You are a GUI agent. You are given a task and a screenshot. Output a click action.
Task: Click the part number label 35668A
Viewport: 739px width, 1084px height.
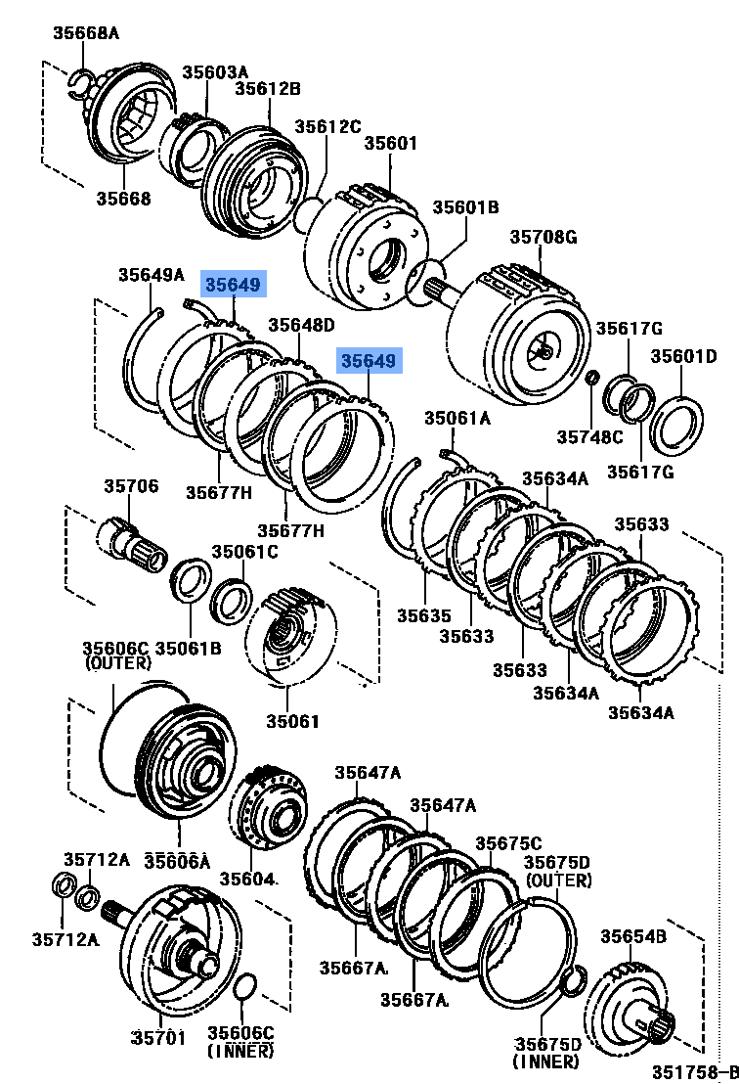tap(85, 34)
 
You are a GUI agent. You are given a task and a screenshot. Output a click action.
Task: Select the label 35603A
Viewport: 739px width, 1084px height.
tap(215, 71)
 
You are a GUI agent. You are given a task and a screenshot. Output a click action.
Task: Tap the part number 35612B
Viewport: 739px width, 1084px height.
tap(267, 89)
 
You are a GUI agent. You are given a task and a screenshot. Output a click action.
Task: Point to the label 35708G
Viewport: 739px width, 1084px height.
tap(543, 237)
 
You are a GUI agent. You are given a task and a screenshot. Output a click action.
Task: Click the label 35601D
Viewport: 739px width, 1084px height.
tap(684, 356)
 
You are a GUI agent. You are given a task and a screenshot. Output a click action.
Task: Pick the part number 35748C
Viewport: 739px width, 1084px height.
tap(589, 436)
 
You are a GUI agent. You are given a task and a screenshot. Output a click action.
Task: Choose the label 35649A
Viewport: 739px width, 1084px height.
tap(152, 275)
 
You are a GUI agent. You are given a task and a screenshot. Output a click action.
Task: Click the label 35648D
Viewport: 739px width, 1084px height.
tap(301, 325)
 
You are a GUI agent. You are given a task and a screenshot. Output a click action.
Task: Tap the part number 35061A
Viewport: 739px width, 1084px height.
tap(457, 419)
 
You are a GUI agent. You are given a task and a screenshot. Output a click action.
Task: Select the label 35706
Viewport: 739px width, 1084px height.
tap(131, 486)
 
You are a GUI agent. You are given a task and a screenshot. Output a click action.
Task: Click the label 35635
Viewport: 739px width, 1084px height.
tap(424, 615)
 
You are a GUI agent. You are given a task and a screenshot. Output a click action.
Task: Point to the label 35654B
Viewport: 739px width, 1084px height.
tap(633, 936)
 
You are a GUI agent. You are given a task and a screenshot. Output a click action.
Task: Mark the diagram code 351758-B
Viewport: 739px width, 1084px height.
tap(687, 1070)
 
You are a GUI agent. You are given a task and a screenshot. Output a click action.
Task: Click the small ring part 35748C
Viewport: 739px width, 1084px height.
tap(591, 378)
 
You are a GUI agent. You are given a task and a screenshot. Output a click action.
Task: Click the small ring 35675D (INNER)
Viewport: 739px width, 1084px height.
tap(577, 977)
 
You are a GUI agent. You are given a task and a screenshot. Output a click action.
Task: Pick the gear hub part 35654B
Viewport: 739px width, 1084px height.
tap(637, 1008)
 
